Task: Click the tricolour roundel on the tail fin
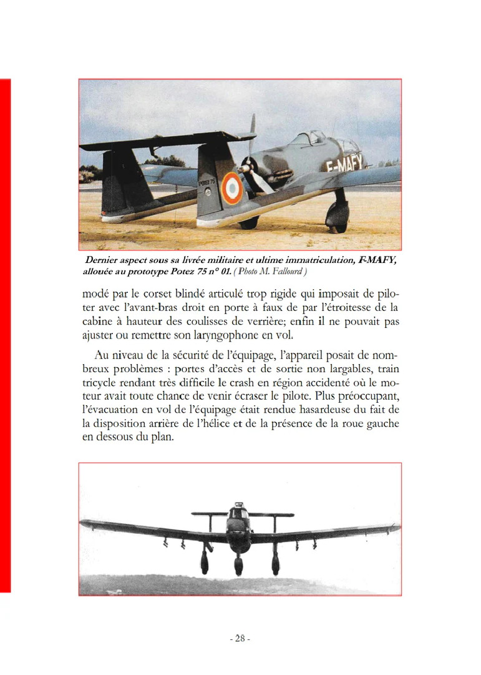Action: pos(231,187)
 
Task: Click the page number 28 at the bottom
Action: pos(240,639)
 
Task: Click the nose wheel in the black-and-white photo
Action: pos(239,566)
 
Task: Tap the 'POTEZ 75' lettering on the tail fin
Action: pos(206,181)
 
